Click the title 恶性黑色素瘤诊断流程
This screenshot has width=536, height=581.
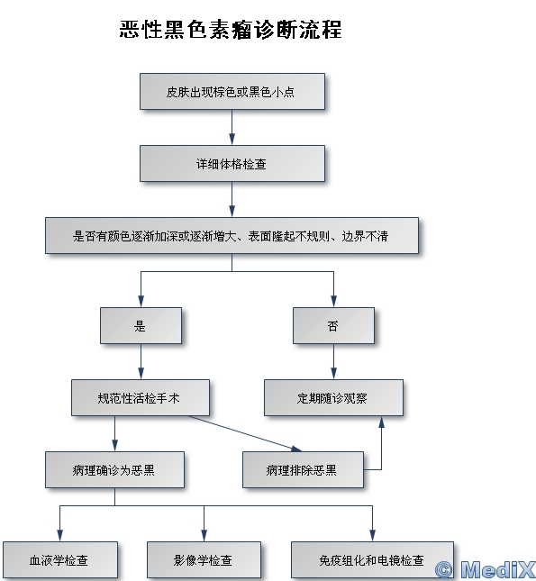pyautogui.click(x=231, y=30)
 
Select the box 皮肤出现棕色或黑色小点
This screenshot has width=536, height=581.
pyautogui.click(x=232, y=91)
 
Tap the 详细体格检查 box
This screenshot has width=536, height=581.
pyautogui.click(x=232, y=163)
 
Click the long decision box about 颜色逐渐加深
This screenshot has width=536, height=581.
pyautogui.click(x=232, y=236)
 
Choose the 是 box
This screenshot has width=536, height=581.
pyautogui.click(x=141, y=326)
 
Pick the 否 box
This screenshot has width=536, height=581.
pyautogui.click(x=333, y=326)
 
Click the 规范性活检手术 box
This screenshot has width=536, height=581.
pyautogui.click(x=141, y=397)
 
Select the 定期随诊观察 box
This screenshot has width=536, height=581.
pyautogui.click(x=333, y=397)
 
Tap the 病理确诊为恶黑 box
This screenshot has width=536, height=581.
pyautogui.click(x=114, y=470)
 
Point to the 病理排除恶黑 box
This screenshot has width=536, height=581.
pyautogui.click(x=303, y=470)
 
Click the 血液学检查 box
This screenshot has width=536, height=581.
pyautogui.click(x=60, y=560)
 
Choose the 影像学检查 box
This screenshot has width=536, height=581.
pyautogui.click(x=204, y=560)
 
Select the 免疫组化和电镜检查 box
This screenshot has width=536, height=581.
pyautogui.click(x=372, y=560)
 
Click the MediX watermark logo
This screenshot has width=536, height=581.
pyautogui.click(x=486, y=569)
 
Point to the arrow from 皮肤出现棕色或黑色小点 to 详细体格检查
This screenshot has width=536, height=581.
pyautogui.click(x=232, y=127)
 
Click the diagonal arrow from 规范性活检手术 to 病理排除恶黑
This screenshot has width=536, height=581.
pyautogui.click(x=245, y=433)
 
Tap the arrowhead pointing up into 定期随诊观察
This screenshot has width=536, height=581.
pyautogui.click(x=381, y=422)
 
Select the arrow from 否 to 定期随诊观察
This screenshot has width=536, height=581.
pyautogui.click(x=333, y=361)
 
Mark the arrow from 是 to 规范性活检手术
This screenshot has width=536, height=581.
pyautogui.click(x=141, y=361)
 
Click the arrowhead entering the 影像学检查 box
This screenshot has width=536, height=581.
pyautogui.click(x=204, y=536)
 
